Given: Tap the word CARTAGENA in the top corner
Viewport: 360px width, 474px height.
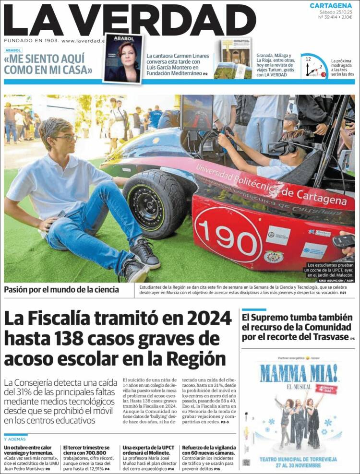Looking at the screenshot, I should click(331, 5).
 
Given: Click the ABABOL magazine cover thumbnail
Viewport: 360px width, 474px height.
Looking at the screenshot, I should click(123, 59).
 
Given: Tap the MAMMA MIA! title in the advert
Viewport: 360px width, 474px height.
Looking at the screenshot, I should click(298, 374).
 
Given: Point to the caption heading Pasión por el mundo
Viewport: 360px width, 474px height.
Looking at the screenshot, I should click(61, 289).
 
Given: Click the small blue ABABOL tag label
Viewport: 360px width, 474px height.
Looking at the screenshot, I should click(13, 50).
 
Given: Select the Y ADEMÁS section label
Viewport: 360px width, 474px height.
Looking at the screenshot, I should click(15, 439).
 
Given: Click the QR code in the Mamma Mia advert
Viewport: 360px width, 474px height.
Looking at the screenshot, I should click(246, 462).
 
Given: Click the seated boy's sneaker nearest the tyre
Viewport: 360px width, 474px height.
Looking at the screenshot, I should click(144, 253).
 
